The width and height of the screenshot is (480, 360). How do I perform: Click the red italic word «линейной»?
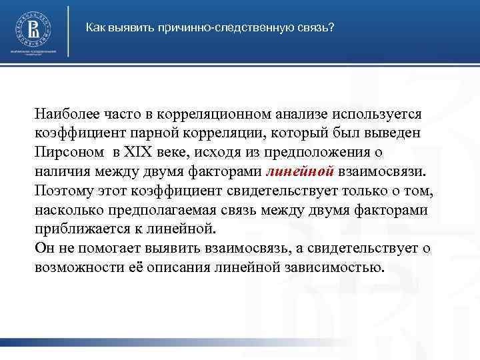299,171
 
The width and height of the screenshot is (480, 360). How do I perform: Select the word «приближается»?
83,230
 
